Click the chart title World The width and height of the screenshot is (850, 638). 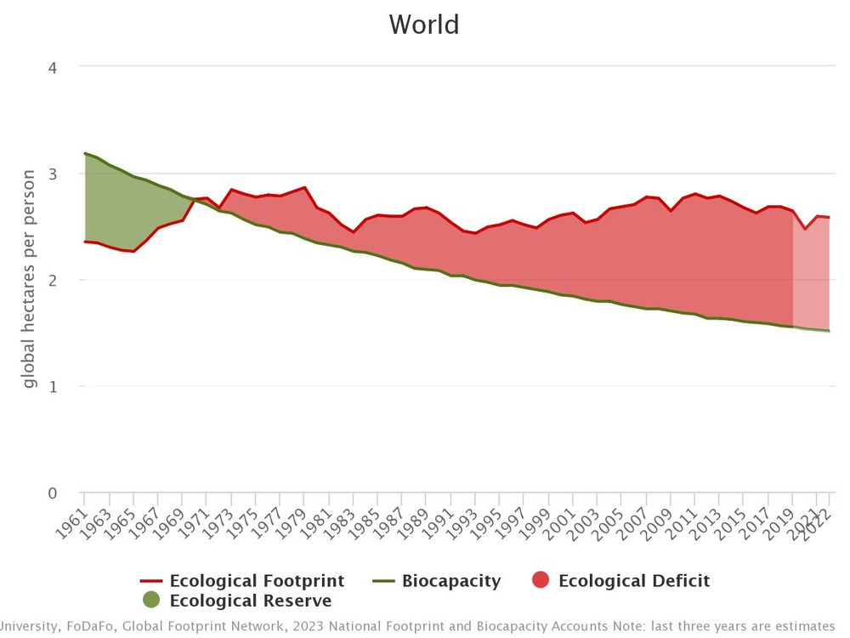click(x=424, y=24)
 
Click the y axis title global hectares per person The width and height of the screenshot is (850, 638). click(x=30, y=279)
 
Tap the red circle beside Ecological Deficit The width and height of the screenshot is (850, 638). click(x=541, y=581)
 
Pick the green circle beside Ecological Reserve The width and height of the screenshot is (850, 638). click(x=151, y=600)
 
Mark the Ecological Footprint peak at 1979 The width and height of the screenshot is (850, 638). click(x=304, y=188)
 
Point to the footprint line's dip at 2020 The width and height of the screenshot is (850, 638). click(x=805, y=229)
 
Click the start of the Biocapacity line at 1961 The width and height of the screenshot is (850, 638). click(x=85, y=154)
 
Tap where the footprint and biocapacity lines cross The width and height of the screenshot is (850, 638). click(x=194, y=200)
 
